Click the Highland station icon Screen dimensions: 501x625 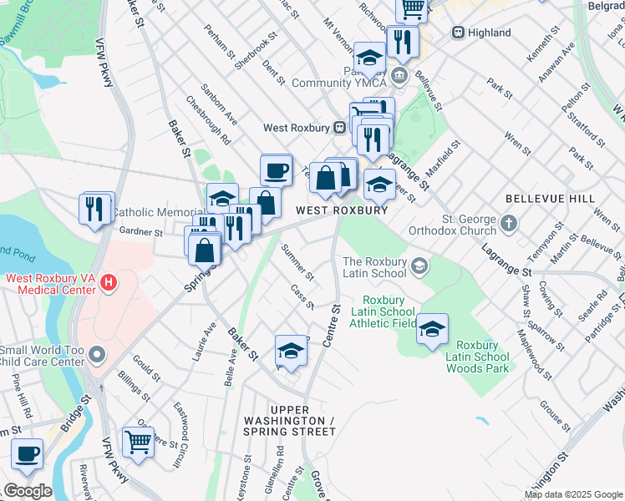(458, 33)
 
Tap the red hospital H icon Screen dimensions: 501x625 (108, 284)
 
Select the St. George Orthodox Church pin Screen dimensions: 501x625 (509, 224)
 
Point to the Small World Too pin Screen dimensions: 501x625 (97, 356)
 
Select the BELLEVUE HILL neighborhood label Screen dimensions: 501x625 (550, 199)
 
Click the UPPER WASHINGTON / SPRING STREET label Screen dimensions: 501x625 (289, 425)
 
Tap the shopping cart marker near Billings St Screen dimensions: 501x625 (138, 442)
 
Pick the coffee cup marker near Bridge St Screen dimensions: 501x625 (28, 454)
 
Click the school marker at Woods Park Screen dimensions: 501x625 (432, 330)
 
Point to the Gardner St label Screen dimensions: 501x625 (140, 231)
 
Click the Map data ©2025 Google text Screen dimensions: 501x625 (572, 494)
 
